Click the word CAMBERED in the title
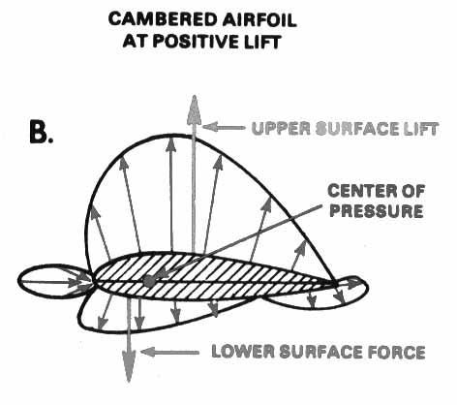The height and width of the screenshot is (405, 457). pyautogui.click(x=163, y=19)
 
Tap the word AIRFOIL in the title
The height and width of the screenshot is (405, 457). pyautogui.click(x=259, y=19)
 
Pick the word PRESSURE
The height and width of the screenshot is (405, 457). pyautogui.click(x=377, y=211)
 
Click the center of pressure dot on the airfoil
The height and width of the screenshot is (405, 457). pyautogui.click(x=148, y=281)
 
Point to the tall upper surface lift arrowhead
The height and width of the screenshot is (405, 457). pyautogui.click(x=194, y=109)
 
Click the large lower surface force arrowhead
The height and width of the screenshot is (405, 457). pyautogui.click(x=129, y=365)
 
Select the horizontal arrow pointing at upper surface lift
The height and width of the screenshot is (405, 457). pyautogui.click(x=224, y=127)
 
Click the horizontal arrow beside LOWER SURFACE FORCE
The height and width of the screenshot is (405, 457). pyautogui.click(x=170, y=352)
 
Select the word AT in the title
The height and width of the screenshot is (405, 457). pyautogui.click(x=135, y=42)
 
